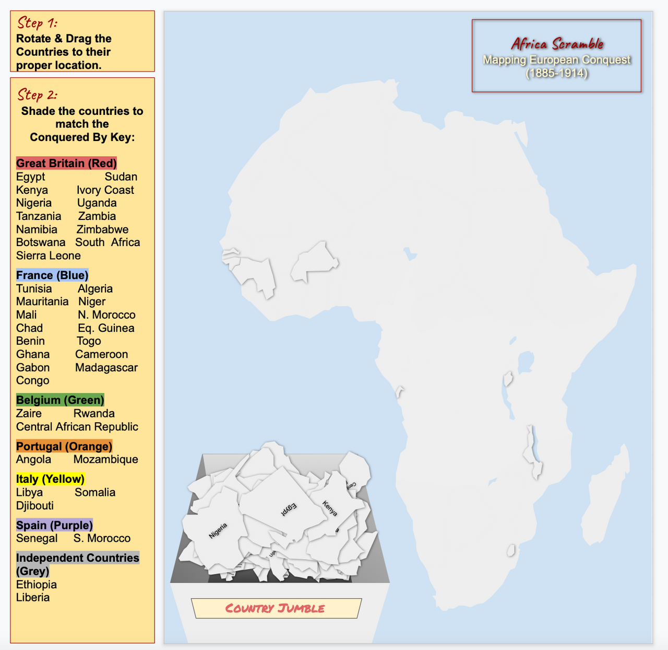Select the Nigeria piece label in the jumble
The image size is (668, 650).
(x=218, y=531)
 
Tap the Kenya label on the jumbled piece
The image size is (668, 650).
(x=330, y=508)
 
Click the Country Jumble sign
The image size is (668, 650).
(x=275, y=608)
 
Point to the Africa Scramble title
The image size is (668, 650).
(x=557, y=44)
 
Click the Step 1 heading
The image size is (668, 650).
(x=37, y=23)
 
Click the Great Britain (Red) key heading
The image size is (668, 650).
(x=66, y=163)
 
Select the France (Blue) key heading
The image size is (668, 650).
(x=52, y=275)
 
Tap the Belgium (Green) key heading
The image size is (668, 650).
(x=60, y=400)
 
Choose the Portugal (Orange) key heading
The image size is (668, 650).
(x=64, y=446)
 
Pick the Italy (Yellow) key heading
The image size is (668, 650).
(x=50, y=479)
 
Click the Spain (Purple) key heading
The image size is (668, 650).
(x=54, y=525)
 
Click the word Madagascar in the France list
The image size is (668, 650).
(x=106, y=367)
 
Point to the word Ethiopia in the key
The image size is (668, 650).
(x=37, y=584)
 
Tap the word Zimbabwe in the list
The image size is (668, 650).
(x=102, y=229)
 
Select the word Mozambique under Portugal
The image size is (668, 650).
(x=106, y=459)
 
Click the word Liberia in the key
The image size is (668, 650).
(x=33, y=597)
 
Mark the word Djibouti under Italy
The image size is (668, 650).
(x=35, y=505)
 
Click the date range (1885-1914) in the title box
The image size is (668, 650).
(x=556, y=73)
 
